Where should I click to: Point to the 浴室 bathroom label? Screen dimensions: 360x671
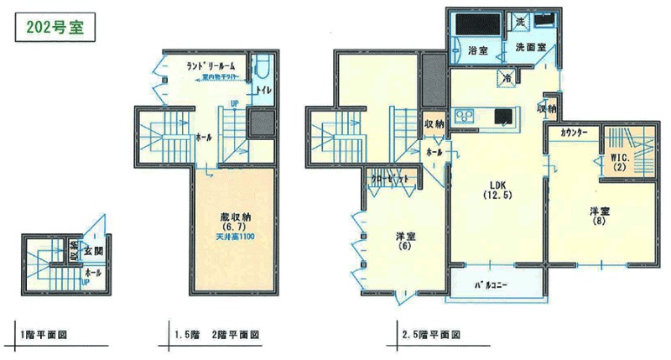pyautogui.click(x=476, y=50)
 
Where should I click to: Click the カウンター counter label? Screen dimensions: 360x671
pyautogui.click(x=573, y=133)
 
